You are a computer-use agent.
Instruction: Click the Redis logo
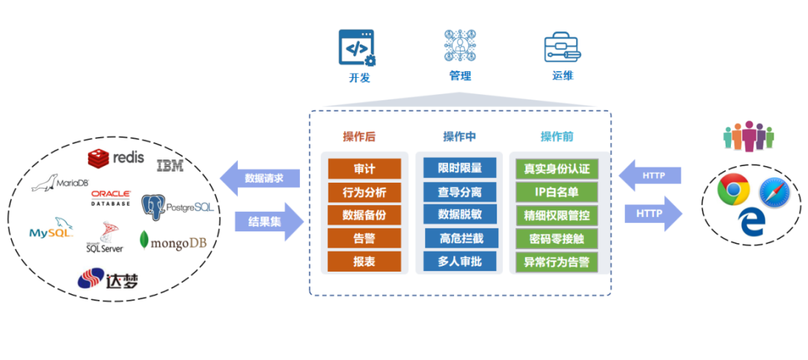(x=115, y=157)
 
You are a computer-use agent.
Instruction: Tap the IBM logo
(x=170, y=165)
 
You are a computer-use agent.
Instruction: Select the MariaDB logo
(x=61, y=184)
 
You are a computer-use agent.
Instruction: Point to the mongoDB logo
(x=173, y=242)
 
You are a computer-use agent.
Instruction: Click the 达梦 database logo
(x=108, y=280)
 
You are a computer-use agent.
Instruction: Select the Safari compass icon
(x=774, y=193)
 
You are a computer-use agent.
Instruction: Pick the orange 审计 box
(x=364, y=168)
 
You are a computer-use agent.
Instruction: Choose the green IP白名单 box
(x=556, y=192)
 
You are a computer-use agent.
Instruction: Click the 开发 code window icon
(x=357, y=48)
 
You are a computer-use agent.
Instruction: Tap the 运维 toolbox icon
(x=562, y=47)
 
